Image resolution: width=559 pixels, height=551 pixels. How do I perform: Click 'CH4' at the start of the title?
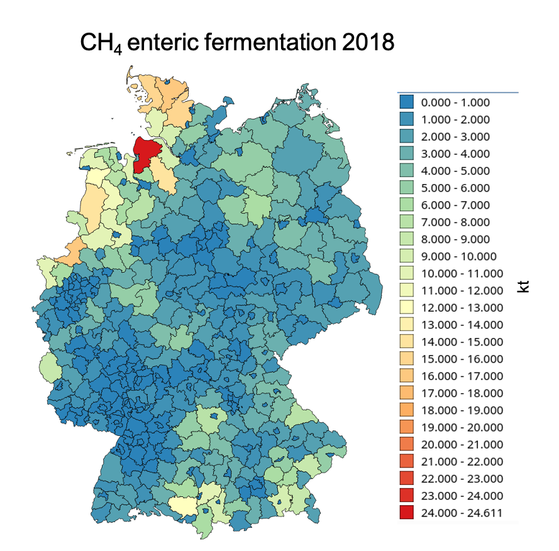click(100, 44)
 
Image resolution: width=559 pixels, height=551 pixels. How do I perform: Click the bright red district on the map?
click(145, 153)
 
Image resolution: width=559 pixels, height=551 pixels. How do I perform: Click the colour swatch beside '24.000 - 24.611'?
click(407, 513)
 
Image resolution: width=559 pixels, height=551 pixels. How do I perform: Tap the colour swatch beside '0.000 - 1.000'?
click(407, 102)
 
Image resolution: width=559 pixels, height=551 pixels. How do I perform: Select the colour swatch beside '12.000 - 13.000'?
click(407, 308)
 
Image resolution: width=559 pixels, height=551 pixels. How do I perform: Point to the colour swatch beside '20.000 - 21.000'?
click(407, 444)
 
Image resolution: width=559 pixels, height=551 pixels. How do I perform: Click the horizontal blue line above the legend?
click(457, 92)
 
